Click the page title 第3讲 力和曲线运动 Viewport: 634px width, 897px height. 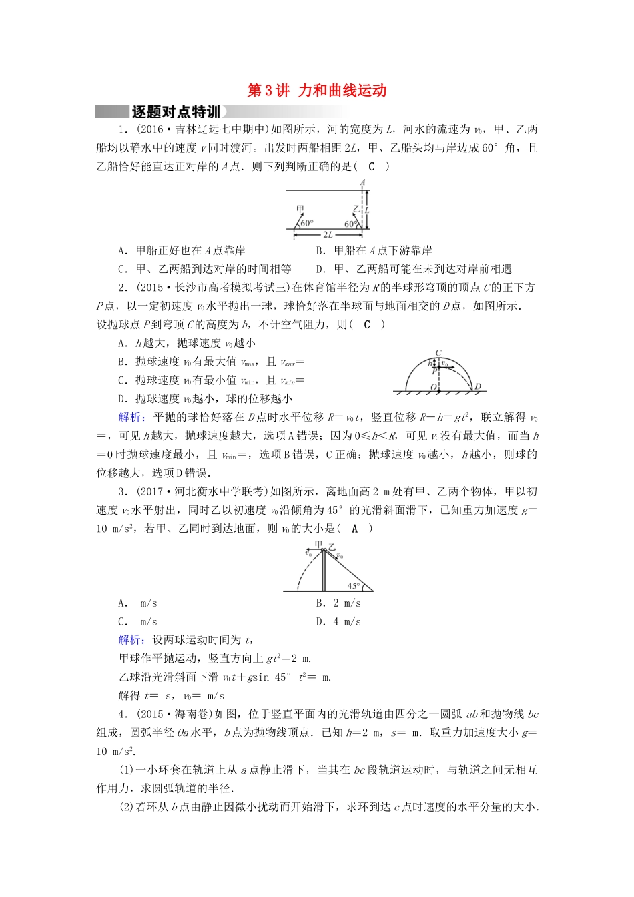317,91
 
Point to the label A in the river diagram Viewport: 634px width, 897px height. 363,183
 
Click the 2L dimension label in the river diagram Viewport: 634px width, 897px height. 328,235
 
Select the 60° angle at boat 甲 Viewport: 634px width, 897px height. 307,224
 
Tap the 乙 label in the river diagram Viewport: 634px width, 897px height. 356,209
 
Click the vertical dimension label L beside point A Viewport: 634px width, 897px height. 368,210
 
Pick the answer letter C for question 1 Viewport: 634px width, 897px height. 372,166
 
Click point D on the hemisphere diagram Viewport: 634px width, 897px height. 477,386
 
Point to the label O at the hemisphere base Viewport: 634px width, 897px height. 433,387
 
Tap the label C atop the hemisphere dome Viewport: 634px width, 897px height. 438,353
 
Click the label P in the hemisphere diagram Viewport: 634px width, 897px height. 434,371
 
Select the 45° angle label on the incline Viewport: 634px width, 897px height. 354,586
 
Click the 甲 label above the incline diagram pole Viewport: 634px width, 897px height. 318,545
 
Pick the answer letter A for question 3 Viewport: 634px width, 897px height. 354,529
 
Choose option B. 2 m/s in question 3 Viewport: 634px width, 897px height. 338,603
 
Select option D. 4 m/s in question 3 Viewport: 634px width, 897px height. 338,622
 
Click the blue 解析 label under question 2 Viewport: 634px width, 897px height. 129,417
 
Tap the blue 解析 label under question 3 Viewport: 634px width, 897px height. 129,640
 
